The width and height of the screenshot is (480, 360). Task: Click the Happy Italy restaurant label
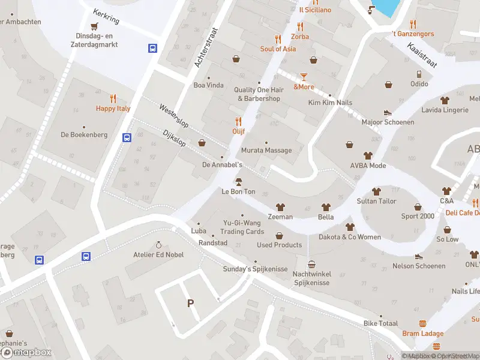pyautogui.click(x=113, y=109)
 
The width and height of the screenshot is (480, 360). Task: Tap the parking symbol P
pyautogui.click(x=191, y=304)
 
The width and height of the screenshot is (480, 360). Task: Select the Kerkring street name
pyautogui.click(x=107, y=16)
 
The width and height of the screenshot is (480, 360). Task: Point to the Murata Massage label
pyautogui.click(x=266, y=151)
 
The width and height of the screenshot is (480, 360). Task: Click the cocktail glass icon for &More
pyautogui.click(x=304, y=76)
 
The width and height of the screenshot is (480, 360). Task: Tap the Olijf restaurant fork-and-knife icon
pyautogui.click(x=238, y=121)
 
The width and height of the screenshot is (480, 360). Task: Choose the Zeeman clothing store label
pyautogui.click(x=280, y=217)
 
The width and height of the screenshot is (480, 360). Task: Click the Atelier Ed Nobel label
pyautogui.click(x=158, y=254)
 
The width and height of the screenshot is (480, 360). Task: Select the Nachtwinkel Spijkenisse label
pyautogui.click(x=311, y=278)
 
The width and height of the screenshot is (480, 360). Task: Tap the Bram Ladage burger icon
pyautogui.click(x=423, y=323)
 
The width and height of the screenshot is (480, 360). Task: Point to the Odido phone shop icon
pyautogui.click(x=419, y=74)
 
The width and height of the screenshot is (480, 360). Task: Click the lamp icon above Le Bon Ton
pyautogui.click(x=238, y=182)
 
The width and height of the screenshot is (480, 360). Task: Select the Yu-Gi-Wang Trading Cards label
pyautogui.click(x=242, y=227)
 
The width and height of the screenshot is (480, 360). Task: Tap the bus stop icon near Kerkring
pyautogui.click(x=153, y=49)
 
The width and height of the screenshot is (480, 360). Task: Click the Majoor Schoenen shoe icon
pyautogui.click(x=388, y=112)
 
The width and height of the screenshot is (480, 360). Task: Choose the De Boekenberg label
pyautogui.click(x=84, y=135)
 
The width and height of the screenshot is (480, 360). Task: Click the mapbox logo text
pyautogui.click(x=32, y=353)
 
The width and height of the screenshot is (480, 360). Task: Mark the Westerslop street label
pyautogui.click(x=173, y=116)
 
